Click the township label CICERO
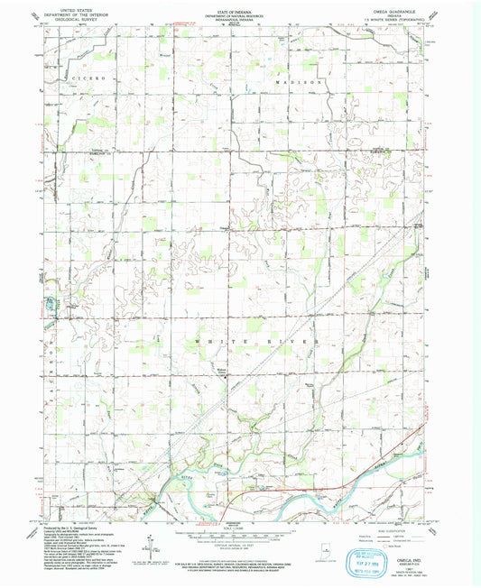pyautogui.click(x=90, y=79)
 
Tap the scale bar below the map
pyautogui.click(x=233, y=535)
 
